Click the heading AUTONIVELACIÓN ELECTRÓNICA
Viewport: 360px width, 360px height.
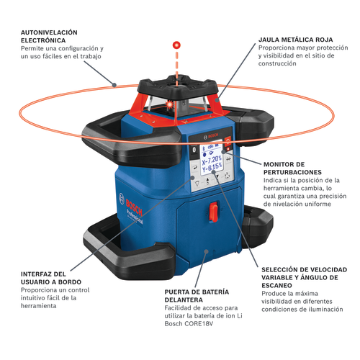pyautogui.click(x=49, y=36)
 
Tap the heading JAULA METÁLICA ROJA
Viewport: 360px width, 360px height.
pyautogui.click(x=296, y=40)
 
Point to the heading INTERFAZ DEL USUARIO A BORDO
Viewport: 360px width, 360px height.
pyautogui.click(x=51, y=278)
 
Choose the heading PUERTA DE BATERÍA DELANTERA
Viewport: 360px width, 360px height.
pyautogui.click(x=197, y=296)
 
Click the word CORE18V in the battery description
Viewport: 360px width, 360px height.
pyautogui.click(x=199, y=323)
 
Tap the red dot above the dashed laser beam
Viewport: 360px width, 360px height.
pyautogui.click(x=176, y=45)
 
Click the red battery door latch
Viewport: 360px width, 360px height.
pyautogui.click(x=213, y=211)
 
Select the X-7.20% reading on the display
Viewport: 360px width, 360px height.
pyautogui.click(x=212, y=160)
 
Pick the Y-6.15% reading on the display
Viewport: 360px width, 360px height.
pyautogui.click(x=212, y=167)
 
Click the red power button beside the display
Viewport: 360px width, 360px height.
pyautogui.click(x=228, y=140)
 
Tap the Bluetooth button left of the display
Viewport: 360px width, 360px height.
pyautogui.click(x=194, y=150)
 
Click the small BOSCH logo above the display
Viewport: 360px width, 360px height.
pyautogui.click(x=211, y=136)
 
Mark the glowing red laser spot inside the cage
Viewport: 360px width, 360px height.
pyautogui.click(x=170, y=104)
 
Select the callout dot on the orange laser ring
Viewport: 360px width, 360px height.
pyautogui.click(x=114, y=85)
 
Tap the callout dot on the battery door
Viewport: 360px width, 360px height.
pyautogui.click(x=206, y=251)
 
